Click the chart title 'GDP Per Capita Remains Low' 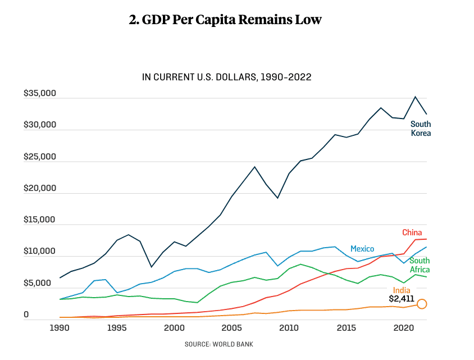(x=225, y=20)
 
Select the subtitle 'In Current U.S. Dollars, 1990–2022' (x=227, y=77)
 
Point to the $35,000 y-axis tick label (x=40, y=94)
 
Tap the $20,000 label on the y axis (x=40, y=188)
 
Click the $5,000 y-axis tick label (x=42, y=283)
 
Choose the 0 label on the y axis (x=26, y=315)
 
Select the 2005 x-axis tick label (x=232, y=327)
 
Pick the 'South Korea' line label (x=421, y=129)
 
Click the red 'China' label (x=412, y=233)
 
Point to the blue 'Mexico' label (x=362, y=249)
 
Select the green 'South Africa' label (x=420, y=265)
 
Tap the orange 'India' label (x=402, y=290)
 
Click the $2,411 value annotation (x=401, y=299)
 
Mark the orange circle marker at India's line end (x=422, y=304)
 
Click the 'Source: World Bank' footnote (x=222, y=344)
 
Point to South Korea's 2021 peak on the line (x=415, y=97)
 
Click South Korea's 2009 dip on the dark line (x=277, y=198)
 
